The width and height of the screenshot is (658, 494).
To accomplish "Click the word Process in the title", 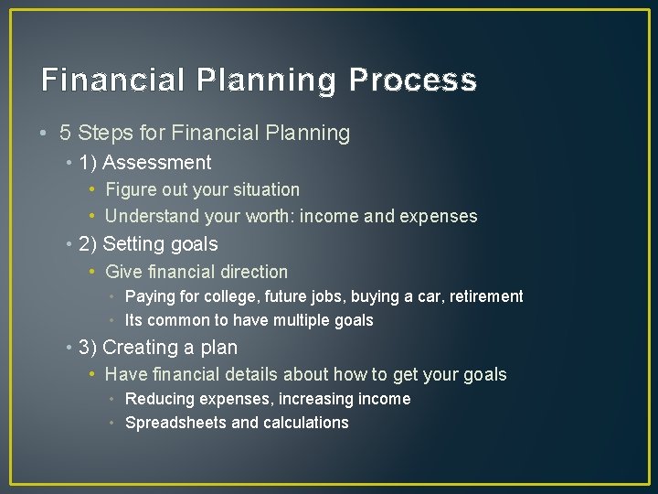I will [412, 81].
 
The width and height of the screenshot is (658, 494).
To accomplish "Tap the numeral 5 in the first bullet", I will [66, 134].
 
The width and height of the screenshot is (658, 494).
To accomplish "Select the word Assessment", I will [157, 164].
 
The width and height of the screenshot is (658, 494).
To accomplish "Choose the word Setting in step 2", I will [133, 244].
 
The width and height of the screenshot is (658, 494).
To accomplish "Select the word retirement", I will [484, 296].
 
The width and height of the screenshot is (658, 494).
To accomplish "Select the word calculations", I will [306, 423].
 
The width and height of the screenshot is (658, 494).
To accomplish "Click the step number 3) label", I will [89, 348].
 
